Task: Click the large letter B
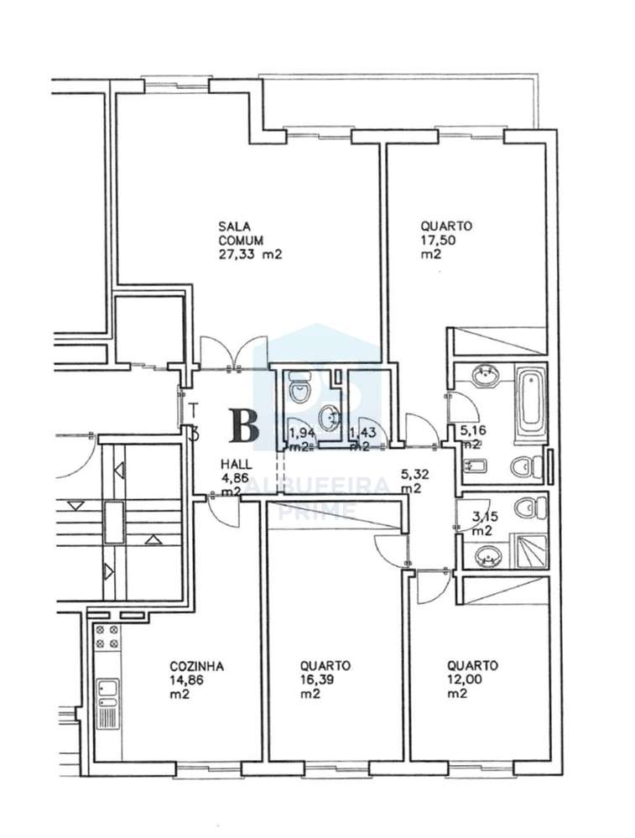click(244, 425)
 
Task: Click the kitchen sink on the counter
click(107, 695)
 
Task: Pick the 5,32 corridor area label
click(414, 473)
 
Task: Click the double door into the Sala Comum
click(233, 352)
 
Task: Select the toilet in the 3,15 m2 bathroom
click(526, 507)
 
